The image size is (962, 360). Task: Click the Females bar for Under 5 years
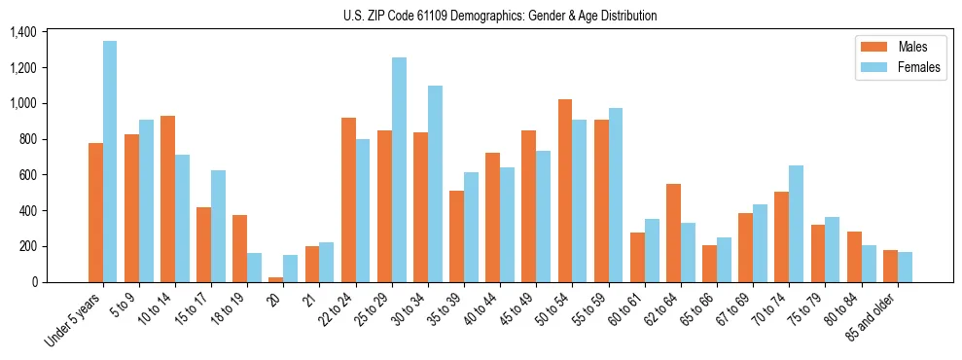(110, 162)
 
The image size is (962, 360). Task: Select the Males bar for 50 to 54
(565, 191)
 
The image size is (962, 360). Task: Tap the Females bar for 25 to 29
(399, 169)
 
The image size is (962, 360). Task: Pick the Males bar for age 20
(276, 279)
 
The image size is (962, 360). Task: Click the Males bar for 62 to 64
(673, 233)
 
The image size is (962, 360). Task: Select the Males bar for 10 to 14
(167, 198)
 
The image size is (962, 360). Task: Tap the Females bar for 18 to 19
(254, 268)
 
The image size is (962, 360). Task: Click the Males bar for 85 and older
(890, 266)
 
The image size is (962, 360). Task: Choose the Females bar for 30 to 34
(435, 184)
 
